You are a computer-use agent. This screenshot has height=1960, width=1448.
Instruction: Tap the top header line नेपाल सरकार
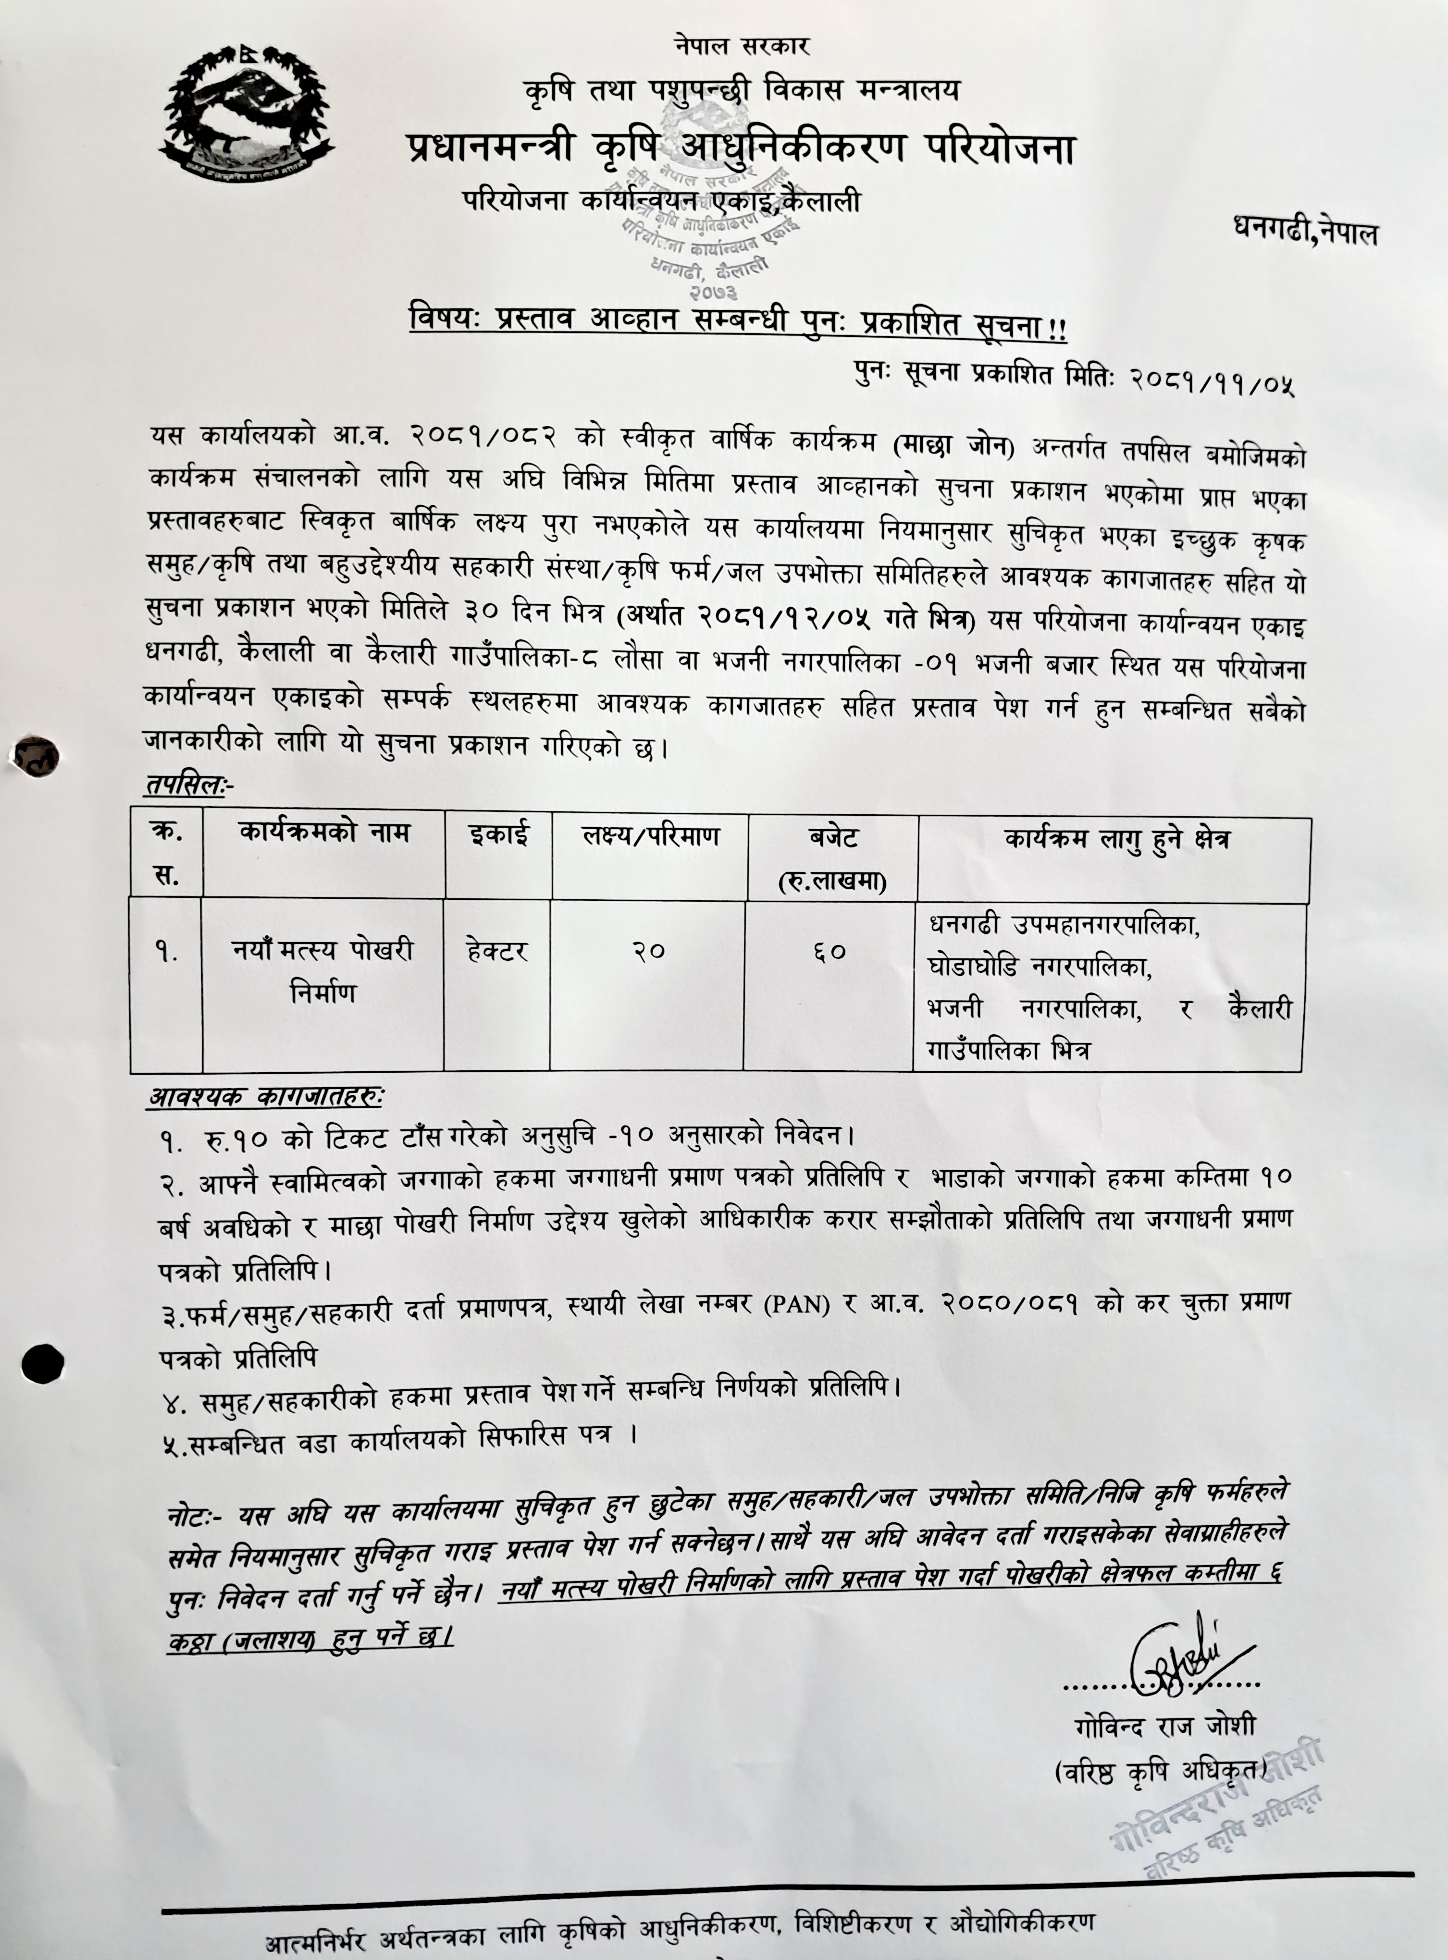click(x=742, y=46)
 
